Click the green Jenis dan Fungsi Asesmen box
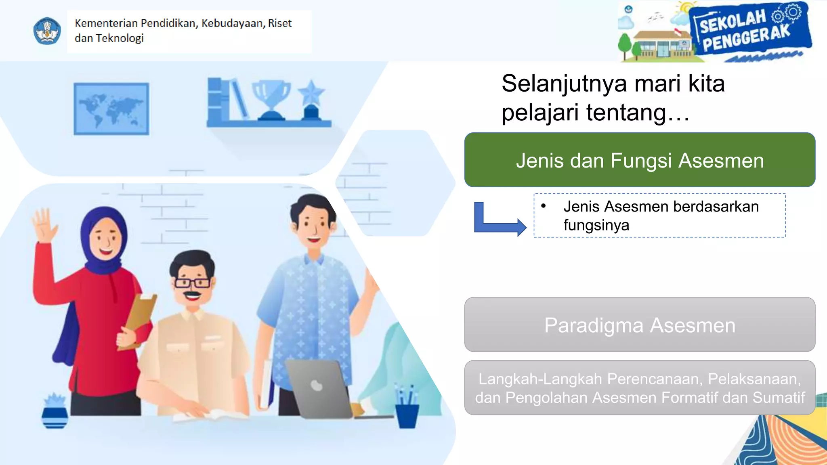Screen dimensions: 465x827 [640, 160]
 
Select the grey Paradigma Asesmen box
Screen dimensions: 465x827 [640, 325]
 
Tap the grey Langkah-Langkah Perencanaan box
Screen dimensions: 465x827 [640, 387]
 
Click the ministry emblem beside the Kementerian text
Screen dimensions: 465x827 [47, 31]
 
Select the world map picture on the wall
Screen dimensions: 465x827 [111, 109]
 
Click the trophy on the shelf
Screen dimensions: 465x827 [271, 99]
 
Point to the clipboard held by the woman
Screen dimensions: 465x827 [139, 319]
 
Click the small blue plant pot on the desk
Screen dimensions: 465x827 [55, 416]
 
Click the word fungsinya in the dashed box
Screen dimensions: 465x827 [596, 225]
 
